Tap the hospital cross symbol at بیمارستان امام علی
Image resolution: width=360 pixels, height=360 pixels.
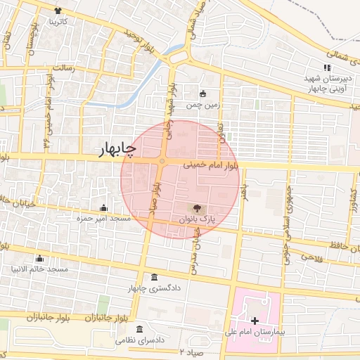[x=255, y=321]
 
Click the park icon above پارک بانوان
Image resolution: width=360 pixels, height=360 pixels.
[x=197, y=208]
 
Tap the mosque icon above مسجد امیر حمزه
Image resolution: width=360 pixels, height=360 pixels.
[x=104, y=207]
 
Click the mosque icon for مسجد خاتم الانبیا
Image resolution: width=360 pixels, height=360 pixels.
[x=39, y=258]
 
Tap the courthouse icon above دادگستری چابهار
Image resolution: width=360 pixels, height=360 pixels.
[x=155, y=276]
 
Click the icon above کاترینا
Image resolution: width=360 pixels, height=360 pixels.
[x=57, y=11]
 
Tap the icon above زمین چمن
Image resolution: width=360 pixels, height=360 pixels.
[x=203, y=94]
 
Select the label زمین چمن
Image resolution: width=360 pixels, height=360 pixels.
[x=203, y=105]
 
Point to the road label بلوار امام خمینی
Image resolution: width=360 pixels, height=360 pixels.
[x=211, y=167]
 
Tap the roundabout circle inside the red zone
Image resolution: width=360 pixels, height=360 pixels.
[x=162, y=162]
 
